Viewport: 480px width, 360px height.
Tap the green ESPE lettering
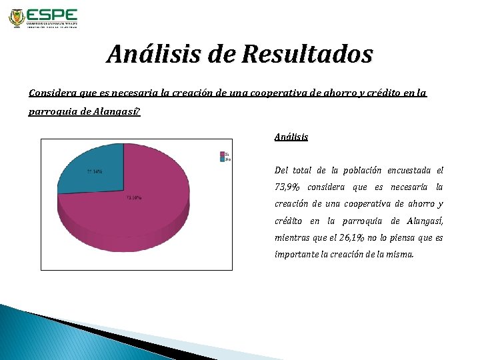click(53, 15)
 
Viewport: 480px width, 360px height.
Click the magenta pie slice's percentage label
click(133, 198)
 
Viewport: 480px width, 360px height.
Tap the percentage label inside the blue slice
click(95, 171)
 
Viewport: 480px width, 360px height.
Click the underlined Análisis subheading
click(291, 137)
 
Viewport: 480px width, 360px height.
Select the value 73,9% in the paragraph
click(289, 187)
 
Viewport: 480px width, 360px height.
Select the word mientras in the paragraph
click(293, 237)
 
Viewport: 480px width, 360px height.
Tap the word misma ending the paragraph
click(399, 254)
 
